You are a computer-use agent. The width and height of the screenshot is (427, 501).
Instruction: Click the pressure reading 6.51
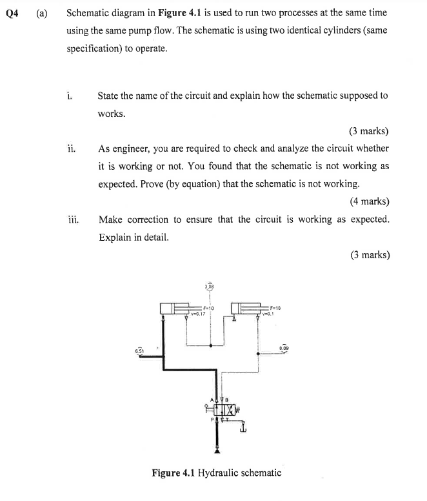(139, 350)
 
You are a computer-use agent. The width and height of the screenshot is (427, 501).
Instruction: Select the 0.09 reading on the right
(284, 347)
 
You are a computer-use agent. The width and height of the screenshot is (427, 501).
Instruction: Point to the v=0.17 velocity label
(198, 314)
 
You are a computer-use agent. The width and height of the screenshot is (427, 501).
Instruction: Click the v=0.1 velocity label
(269, 314)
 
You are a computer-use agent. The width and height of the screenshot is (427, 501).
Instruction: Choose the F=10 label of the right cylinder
(274, 308)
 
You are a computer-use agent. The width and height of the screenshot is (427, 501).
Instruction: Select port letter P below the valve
(211, 421)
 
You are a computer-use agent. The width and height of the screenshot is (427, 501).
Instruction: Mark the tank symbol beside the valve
(243, 427)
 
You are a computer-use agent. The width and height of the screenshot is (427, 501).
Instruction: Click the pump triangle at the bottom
(217, 451)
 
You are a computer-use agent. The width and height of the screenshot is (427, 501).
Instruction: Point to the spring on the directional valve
(237, 409)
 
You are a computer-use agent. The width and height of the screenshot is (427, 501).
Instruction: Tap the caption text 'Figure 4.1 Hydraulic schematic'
(216, 473)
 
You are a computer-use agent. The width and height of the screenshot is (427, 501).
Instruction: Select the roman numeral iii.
(72, 219)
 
